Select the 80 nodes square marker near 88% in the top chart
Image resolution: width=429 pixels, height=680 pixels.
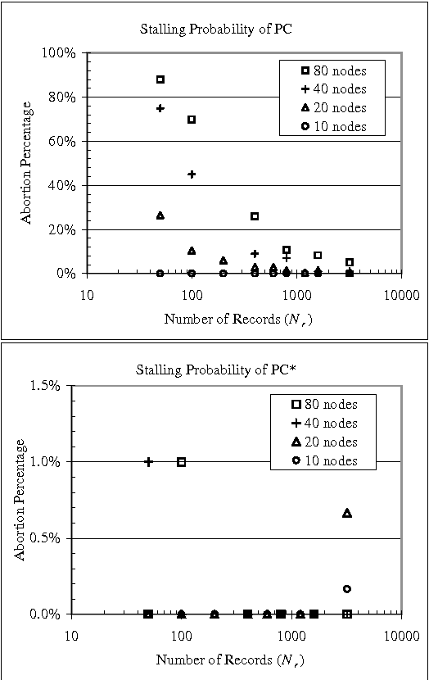[x=160, y=79]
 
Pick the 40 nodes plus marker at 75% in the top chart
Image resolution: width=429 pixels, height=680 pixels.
[x=160, y=108]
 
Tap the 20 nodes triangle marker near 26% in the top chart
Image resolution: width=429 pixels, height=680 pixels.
[x=160, y=215]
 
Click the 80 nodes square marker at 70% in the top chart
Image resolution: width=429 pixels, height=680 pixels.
[x=192, y=120]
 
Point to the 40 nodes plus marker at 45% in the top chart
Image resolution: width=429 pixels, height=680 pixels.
[x=192, y=174]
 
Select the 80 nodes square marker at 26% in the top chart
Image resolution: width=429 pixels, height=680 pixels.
[x=255, y=216]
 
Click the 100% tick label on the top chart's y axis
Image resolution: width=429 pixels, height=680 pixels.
[x=59, y=53]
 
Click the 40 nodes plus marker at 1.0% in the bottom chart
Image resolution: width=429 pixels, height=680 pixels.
[x=148, y=461]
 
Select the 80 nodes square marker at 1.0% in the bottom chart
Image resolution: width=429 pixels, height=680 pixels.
[x=181, y=461]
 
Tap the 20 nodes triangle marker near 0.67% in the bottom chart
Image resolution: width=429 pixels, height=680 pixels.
[x=347, y=513]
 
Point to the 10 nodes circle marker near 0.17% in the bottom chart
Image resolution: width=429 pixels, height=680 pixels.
[x=347, y=588]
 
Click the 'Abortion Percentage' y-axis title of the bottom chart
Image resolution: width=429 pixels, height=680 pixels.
[x=21, y=500]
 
